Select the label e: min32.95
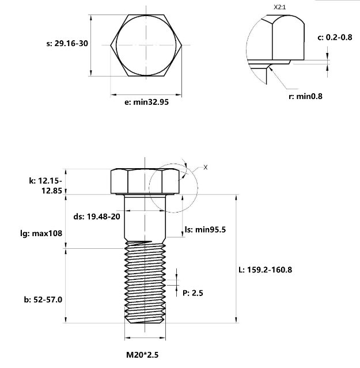(146, 103)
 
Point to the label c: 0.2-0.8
(335, 37)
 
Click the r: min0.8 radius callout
(305, 96)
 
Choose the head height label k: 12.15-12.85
(45, 185)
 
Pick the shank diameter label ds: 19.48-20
(97, 217)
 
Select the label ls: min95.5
(204, 229)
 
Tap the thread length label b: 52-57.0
(43, 299)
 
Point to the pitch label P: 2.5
(192, 293)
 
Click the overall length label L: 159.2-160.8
(270, 269)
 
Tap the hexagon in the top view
(146, 44)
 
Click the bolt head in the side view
(146, 181)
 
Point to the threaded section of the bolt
(146, 282)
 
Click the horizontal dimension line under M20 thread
(146, 337)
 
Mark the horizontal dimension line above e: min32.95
(146, 93)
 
